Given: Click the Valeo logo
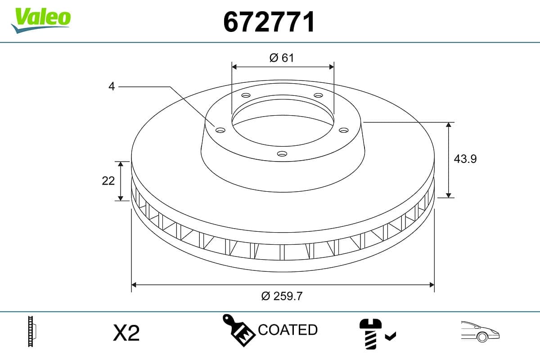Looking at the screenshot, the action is click(41, 20).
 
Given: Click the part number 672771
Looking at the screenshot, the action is click(269, 22).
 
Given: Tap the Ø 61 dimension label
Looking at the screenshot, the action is click(282, 58).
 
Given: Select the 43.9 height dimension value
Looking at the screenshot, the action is click(465, 159).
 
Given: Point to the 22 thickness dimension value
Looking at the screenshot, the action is click(108, 181).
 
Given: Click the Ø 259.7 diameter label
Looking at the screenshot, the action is click(282, 296).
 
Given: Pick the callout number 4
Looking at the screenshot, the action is click(112, 86).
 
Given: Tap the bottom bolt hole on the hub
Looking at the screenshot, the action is click(282, 153).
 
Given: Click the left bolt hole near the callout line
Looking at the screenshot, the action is click(220, 130).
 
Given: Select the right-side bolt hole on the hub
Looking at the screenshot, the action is click(343, 130).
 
